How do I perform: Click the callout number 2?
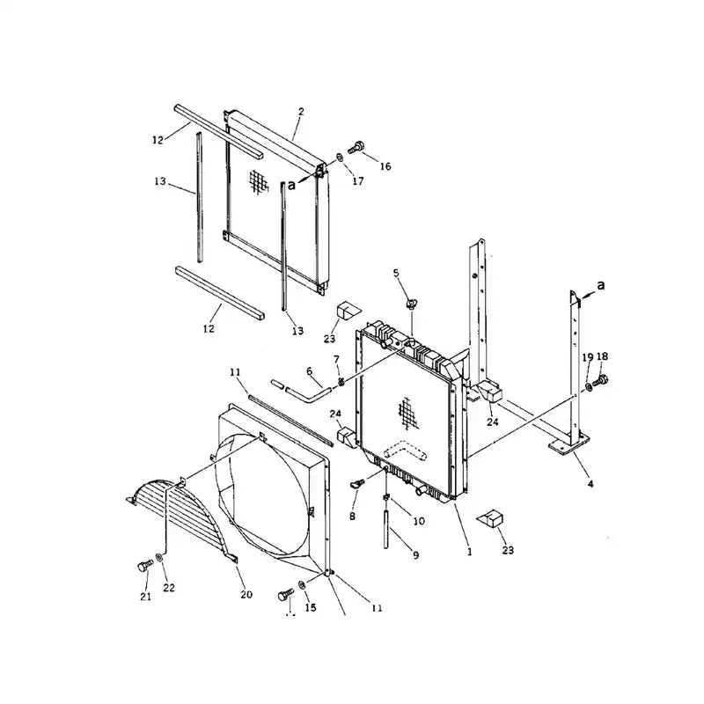[x=301, y=112]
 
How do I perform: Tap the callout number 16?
[x=385, y=166]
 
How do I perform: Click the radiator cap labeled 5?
[x=411, y=304]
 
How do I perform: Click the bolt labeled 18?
[x=602, y=381]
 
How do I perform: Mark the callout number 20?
[x=246, y=595]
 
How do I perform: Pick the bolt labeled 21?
[x=143, y=568]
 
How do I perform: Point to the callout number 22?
[x=168, y=588]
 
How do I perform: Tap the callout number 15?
[x=310, y=608]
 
